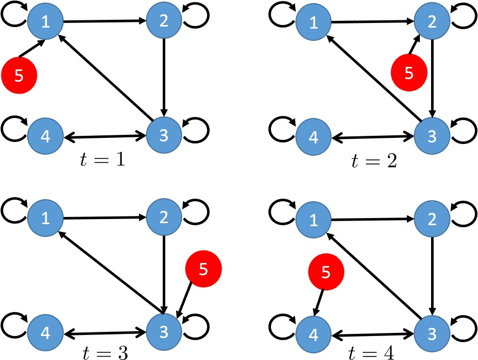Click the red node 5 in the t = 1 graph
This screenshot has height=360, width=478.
point(19,76)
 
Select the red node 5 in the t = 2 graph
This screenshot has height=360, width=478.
point(408,73)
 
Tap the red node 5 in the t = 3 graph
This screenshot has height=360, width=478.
point(203,269)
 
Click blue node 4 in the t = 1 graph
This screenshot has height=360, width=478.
point(45,137)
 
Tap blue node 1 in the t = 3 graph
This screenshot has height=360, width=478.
point(45,218)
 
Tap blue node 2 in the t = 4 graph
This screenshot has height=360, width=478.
point(431,219)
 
